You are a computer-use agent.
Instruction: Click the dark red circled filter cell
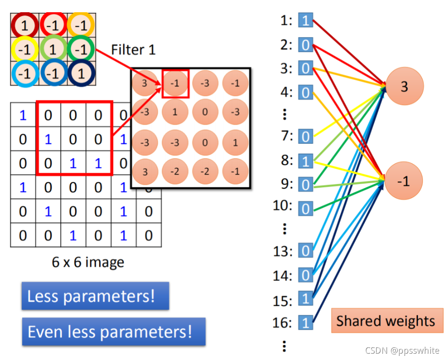(x=24, y=25)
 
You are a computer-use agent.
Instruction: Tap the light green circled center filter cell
(x=52, y=48)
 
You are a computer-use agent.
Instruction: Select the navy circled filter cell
(x=81, y=72)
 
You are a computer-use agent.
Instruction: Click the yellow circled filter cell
(x=24, y=48)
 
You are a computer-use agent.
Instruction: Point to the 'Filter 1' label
(x=133, y=49)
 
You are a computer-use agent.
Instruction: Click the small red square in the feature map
(x=175, y=83)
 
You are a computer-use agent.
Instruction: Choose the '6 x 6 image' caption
(x=88, y=262)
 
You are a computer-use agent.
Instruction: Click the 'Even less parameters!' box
(x=113, y=332)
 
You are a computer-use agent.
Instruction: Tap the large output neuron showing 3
(x=404, y=86)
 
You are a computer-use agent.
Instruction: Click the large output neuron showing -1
(x=403, y=181)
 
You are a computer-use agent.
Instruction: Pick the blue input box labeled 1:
(x=306, y=20)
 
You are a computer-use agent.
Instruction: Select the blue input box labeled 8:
(x=306, y=161)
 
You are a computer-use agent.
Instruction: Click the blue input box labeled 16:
(x=306, y=322)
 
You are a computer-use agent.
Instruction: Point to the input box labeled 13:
(x=306, y=251)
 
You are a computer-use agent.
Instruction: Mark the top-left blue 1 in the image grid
(x=23, y=115)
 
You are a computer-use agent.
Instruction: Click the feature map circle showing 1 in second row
(x=175, y=112)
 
